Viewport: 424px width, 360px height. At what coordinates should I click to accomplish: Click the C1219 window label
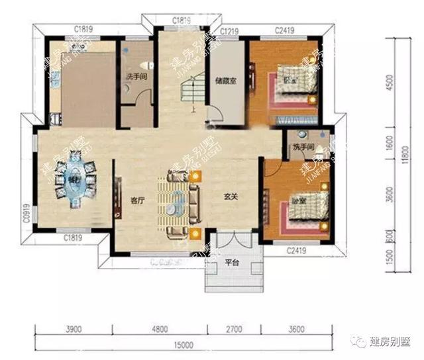click(x=229, y=31)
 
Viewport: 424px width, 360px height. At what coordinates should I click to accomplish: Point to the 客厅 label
click(x=136, y=198)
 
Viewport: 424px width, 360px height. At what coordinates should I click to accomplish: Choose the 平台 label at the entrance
click(x=232, y=262)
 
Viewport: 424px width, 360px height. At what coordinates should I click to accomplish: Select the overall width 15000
click(x=184, y=345)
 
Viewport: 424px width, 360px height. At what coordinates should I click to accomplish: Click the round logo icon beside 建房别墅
click(x=358, y=341)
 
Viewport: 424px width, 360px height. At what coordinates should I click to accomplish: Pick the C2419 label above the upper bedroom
click(x=285, y=31)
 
